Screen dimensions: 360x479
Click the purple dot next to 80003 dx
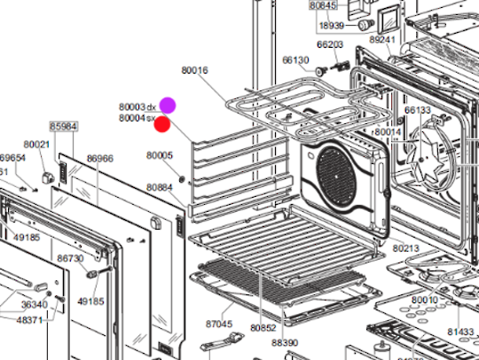click(x=168, y=106)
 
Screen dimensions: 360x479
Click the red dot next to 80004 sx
click(x=162, y=122)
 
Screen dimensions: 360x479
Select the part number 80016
click(x=194, y=69)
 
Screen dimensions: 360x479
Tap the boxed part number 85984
click(x=63, y=127)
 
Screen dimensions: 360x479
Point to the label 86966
click(x=99, y=159)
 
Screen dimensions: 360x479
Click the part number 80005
click(x=160, y=155)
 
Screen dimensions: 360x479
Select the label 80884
click(x=160, y=187)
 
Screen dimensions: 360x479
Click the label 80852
click(x=263, y=327)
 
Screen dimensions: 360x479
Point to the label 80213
click(x=406, y=248)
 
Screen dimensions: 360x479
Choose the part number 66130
click(x=295, y=60)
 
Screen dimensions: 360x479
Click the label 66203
click(x=330, y=43)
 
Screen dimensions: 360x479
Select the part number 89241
click(x=382, y=40)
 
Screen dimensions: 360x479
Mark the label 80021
click(x=36, y=144)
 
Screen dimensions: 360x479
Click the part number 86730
click(x=70, y=258)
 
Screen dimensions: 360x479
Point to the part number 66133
click(x=418, y=111)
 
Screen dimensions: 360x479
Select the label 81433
click(x=459, y=332)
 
